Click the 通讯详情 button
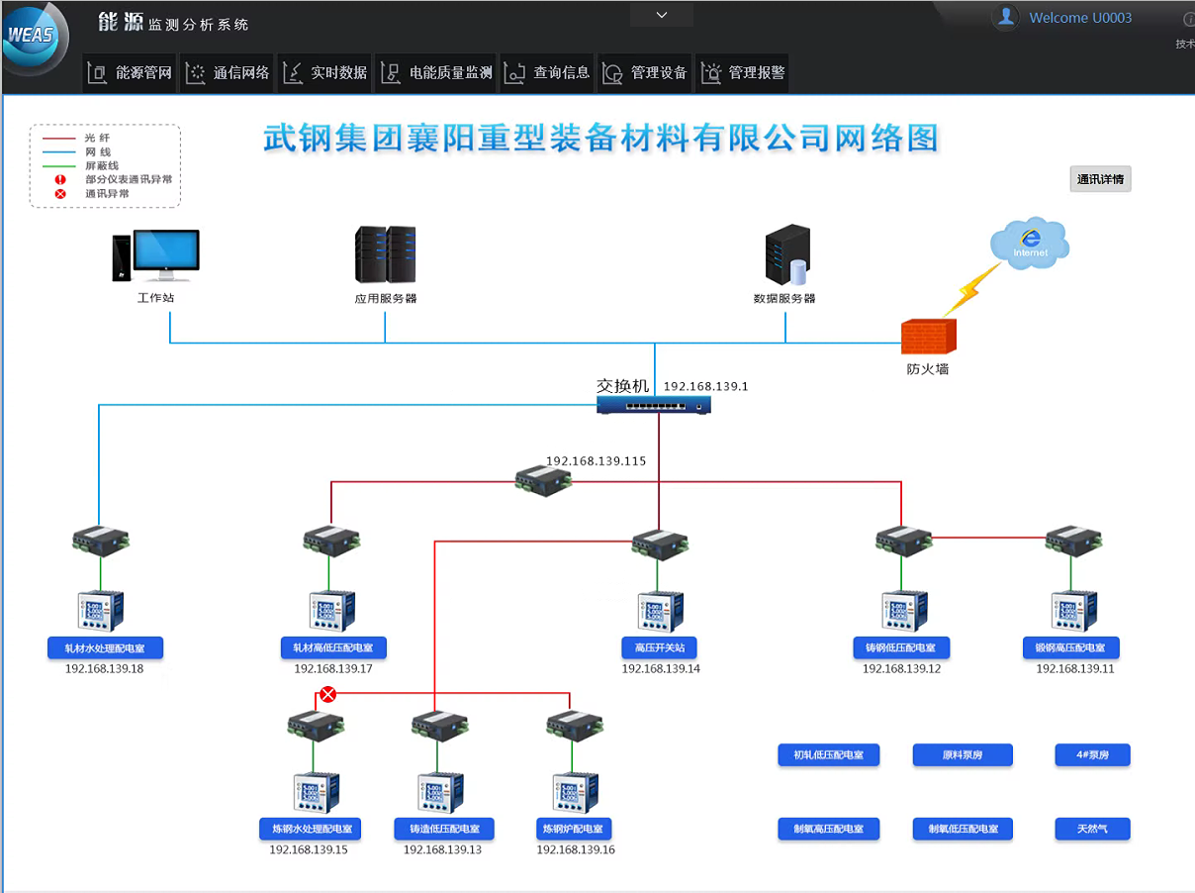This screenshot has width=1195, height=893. tap(1100, 179)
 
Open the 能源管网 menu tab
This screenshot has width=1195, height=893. tap(131, 72)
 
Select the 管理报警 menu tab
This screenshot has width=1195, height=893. tap(743, 72)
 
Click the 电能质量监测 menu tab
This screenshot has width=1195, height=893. tap(438, 72)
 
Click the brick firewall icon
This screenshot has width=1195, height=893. tap(929, 337)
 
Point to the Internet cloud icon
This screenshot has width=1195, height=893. tap(1029, 243)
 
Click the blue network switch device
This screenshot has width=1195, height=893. tap(654, 404)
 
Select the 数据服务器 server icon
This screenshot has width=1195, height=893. tap(786, 255)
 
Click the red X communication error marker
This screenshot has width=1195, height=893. tap(328, 694)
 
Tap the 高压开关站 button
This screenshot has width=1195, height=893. tap(660, 648)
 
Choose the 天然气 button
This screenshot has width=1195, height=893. tap(1091, 829)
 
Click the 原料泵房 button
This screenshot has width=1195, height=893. tap(962, 755)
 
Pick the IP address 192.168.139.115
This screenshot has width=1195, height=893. tap(596, 461)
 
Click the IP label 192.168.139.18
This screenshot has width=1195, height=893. tap(104, 669)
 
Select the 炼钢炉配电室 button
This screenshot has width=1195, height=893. tap(574, 829)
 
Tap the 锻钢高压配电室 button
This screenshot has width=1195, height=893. tap(1070, 648)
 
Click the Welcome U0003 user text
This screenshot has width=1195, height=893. tap(1080, 18)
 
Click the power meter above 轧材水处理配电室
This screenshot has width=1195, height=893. tap(100, 611)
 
